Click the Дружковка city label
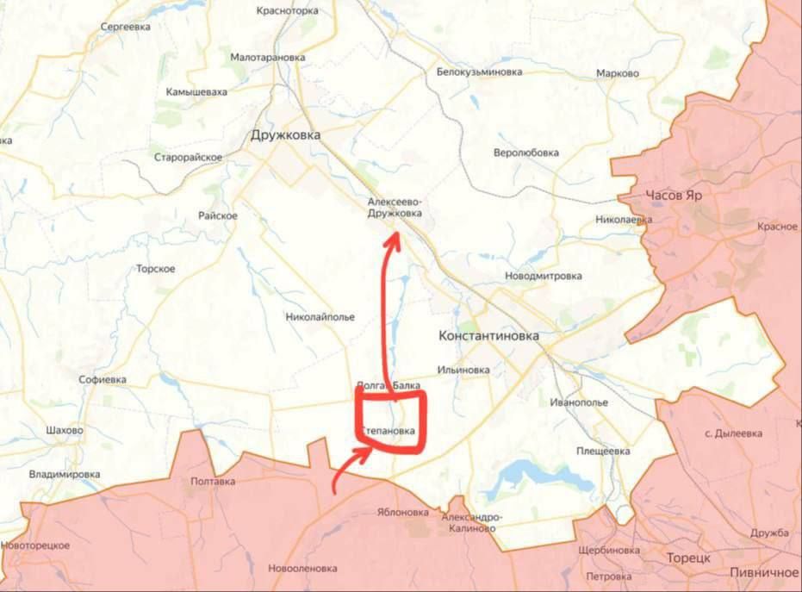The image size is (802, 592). pyautogui.click(x=285, y=135)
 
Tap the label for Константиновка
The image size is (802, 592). pyautogui.click(x=488, y=335)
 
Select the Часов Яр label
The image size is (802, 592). pyautogui.click(x=674, y=196)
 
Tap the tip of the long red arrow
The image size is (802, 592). pyautogui.click(x=392, y=234)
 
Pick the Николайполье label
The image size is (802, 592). pyautogui.click(x=320, y=316)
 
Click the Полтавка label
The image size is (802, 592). pyautogui.click(x=213, y=482)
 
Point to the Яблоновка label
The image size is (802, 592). pyautogui.click(x=402, y=512)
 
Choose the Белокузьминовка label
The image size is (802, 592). pyautogui.click(x=479, y=72)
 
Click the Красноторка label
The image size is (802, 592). pyautogui.click(x=288, y=11)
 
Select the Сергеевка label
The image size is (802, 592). pyautogui.click(x=126, y=27)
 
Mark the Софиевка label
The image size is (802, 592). pyautogui.click(x=103, y=379)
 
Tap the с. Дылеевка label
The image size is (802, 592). pyautogui.click(x=733, y=433)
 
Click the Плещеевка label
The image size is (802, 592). pyautogui.click(x=604, y=451)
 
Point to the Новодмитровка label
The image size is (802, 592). pyautogui.click(x=543, y=276)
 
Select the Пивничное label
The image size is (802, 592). pyautogui.click(x=764, y=572)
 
